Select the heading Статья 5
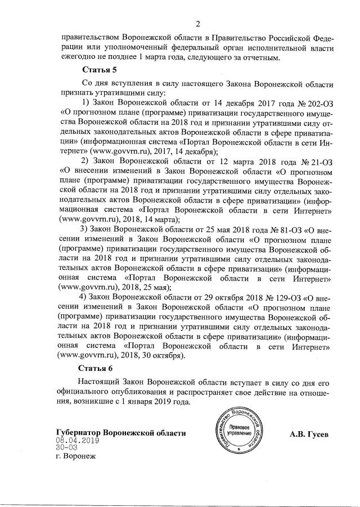point(100,70)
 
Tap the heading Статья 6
point(100,368)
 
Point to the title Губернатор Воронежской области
point(121,433)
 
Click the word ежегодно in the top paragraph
point(79,56)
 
